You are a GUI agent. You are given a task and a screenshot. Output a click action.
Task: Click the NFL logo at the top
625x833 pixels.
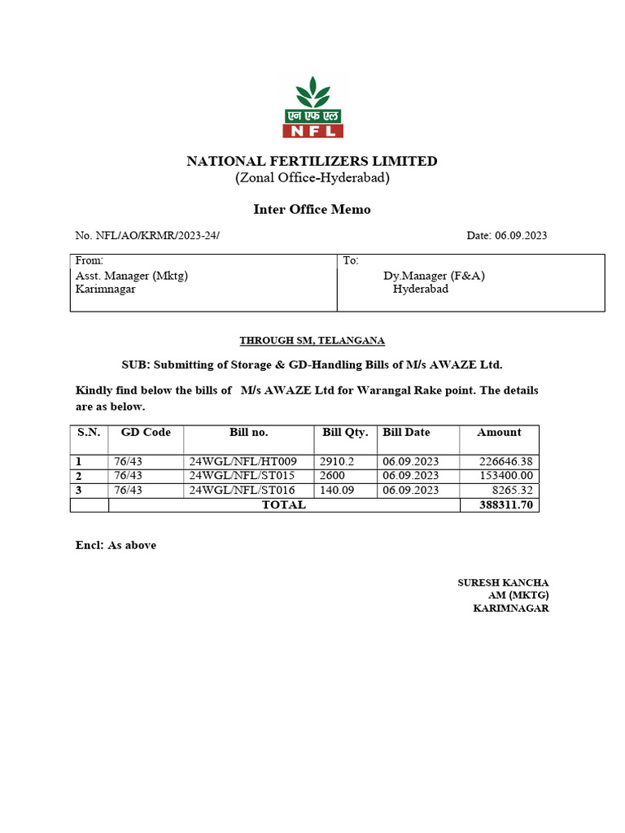coord(312,107)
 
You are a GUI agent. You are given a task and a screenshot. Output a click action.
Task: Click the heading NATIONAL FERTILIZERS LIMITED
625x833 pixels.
coord(312,161)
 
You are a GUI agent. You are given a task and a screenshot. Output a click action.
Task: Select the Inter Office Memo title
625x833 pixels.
coord(312,209)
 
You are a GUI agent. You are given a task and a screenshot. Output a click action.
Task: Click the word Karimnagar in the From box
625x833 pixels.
coord(106,289)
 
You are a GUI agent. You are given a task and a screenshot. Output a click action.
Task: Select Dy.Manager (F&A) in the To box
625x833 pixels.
coord(435,276)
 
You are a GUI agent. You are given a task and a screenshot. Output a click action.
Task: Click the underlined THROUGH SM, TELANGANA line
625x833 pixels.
coord(312,340)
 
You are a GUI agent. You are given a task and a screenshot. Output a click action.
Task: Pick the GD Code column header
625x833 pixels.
coord(146,432)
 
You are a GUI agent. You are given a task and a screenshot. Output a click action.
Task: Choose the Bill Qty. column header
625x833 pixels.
coord(345,432)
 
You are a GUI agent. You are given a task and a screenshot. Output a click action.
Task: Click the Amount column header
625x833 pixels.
coord(499,432)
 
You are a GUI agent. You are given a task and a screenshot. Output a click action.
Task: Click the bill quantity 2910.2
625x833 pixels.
coord(338,461)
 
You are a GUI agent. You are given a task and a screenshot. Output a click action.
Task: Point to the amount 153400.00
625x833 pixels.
coord(505,475)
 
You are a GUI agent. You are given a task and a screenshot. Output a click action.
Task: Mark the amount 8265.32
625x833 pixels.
coord(514,490)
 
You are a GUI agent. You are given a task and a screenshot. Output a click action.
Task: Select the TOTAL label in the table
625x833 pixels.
coord(283,504)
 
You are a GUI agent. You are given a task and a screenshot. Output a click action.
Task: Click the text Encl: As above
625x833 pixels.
coord(116,545)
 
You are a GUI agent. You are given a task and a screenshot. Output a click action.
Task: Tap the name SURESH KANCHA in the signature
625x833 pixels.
coord(503,582)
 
